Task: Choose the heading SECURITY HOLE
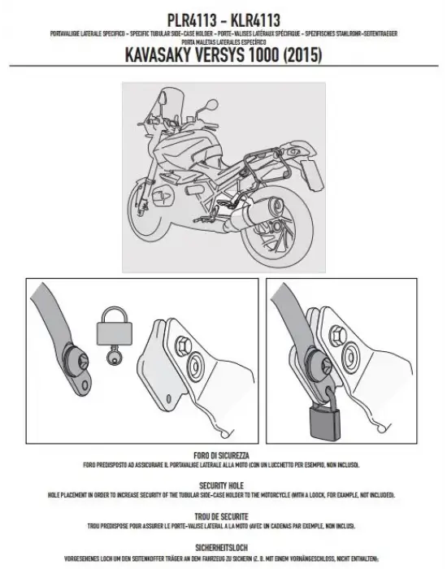pos(222,481)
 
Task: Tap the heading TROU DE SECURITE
pos(222,516)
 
